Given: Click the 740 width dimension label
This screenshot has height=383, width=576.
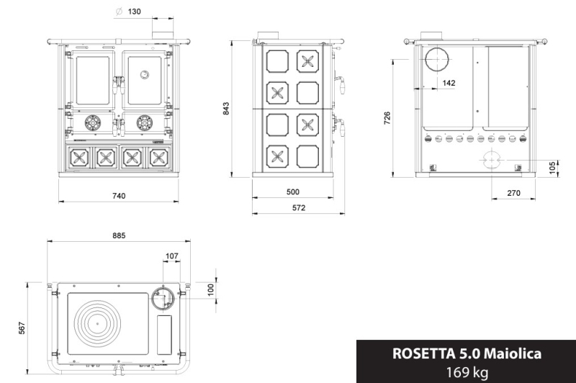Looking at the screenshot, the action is (x=119, y=196).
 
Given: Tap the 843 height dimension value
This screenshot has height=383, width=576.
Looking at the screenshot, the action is (x=226, y=109).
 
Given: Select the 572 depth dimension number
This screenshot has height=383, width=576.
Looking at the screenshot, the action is (x=299, y=208).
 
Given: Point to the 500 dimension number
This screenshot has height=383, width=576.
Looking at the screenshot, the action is (x=293, y=192).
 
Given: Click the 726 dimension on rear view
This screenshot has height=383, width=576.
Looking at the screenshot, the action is (x=387, y=118).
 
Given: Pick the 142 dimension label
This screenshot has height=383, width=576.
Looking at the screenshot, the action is (x=449, y=83).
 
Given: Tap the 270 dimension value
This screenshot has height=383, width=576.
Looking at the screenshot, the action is (x=513, y=193).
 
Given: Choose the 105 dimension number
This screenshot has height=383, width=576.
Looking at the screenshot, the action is (x=552, y=168).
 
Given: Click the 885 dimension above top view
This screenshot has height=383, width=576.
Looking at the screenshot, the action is (x=119, y=235).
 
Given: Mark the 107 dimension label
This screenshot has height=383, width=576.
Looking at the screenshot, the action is (x=172, y=256).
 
